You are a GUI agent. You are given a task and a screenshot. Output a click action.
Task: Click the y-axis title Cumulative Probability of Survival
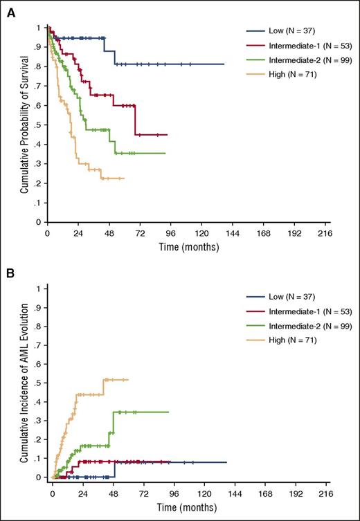24,126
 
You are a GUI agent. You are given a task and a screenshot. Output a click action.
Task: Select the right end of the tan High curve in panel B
128,379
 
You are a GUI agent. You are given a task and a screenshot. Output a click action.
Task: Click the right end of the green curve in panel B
168,412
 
